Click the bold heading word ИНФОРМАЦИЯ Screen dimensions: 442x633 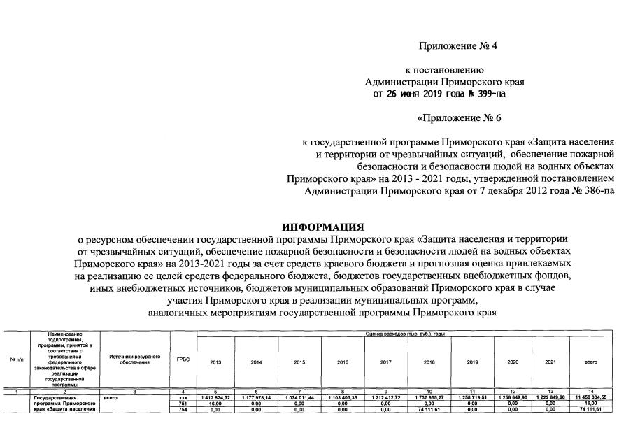322,227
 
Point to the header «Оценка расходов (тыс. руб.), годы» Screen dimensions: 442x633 405,334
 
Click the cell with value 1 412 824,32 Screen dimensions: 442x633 215,397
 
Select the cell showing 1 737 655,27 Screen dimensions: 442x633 429,397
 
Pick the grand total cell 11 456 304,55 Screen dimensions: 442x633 590,397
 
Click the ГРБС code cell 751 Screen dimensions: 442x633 183,403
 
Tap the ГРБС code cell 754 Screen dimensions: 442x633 183,409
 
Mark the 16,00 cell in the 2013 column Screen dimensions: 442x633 215,403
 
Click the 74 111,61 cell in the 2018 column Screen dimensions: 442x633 429,409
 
